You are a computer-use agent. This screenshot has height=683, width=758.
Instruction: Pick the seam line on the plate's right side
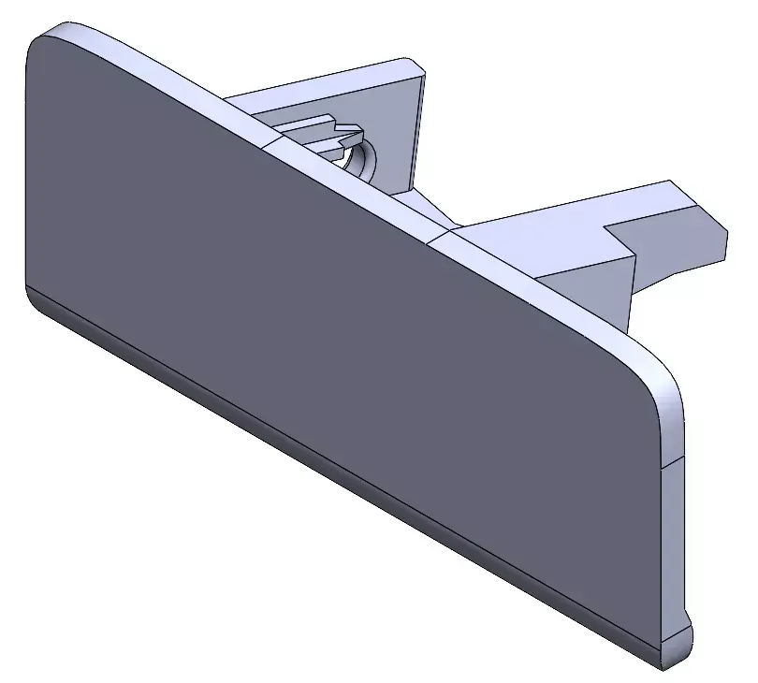coord(674,462)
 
